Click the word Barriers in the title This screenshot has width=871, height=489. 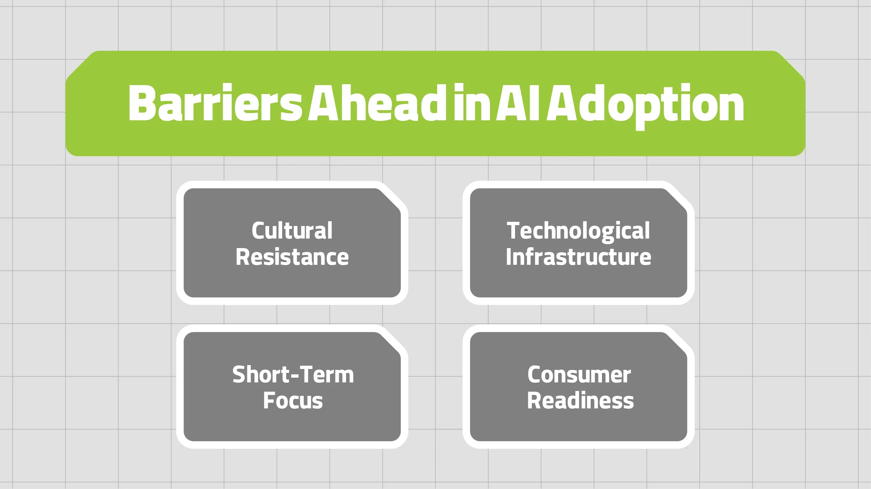click(x=215, y=102)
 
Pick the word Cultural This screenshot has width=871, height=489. click(x=292, y=230)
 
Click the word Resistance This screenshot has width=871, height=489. click(x=292, y=257)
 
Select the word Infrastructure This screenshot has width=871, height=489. click(x=578, y=257)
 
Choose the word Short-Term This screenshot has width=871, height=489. click(x=293, y=374)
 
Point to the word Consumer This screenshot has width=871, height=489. click(x=579, y=374)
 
